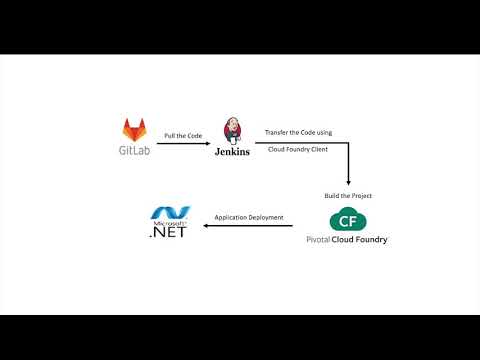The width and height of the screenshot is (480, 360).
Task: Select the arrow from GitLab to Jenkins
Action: tap(184, 144)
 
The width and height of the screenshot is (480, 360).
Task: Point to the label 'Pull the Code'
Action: tap(183, 134)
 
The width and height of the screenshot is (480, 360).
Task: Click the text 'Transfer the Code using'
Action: tap(297, 132)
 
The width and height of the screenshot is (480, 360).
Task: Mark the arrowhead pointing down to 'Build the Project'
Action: tap(348, 182)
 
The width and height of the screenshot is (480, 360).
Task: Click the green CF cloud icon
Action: tap(347, 220)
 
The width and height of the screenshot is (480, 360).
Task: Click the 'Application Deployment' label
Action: tap(249, 217)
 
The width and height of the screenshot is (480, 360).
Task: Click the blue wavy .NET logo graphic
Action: tap(164, 213)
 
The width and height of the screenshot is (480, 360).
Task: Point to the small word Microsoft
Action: tap(163, 223)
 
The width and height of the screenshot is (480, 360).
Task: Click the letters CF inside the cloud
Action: tap(347, 221)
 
